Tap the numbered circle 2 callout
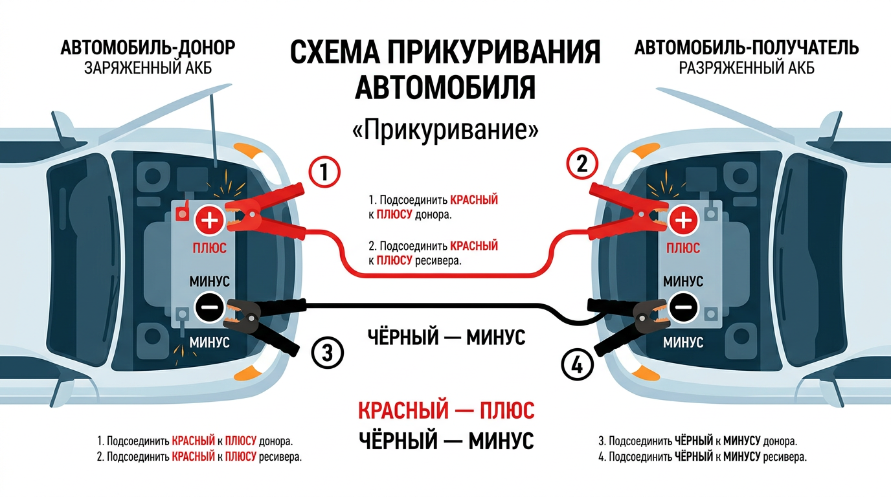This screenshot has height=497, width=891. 581,164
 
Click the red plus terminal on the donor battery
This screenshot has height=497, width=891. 210,220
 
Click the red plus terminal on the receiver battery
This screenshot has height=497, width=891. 683,221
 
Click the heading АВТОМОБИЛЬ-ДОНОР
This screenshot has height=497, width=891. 148,48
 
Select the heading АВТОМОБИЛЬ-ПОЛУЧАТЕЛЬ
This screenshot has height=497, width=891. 747,48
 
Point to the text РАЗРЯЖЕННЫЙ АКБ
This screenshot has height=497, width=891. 747,68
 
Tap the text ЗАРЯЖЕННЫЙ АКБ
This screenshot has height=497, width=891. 148,68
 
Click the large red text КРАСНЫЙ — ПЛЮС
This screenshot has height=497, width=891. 445,410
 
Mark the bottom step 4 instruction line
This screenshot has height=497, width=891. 702,457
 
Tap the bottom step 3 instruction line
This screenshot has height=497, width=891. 697,441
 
